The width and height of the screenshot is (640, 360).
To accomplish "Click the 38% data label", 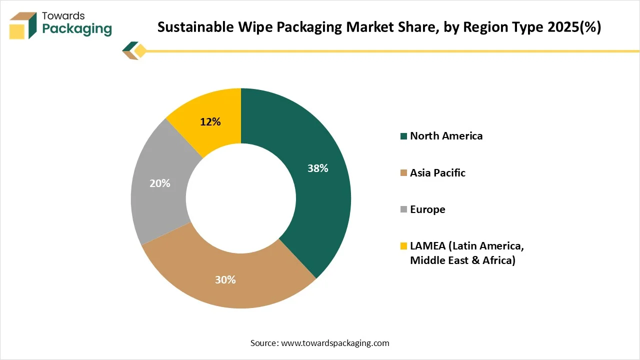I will tap(317, 168).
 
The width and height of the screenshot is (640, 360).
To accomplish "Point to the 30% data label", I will tap(225, 280).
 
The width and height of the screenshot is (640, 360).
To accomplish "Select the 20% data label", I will tap(160, 183).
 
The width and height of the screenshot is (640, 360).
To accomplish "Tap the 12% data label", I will tap(210, 121).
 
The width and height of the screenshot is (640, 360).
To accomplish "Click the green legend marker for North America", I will tap(403, 136).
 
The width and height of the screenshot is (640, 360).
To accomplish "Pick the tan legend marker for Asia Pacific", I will tap(403, 173).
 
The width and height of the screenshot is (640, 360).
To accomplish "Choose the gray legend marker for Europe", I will tap(403, 210).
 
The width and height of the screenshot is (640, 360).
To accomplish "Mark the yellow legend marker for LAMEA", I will tap(403, 246).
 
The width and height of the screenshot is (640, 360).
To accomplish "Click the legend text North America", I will tap(446, 136).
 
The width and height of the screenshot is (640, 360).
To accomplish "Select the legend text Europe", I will tap(427, 209).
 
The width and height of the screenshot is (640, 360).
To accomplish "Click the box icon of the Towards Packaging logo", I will tap(23, 25).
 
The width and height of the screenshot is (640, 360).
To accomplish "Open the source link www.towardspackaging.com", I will tap(335, 343).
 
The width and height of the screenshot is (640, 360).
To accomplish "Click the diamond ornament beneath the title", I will tap(140, 50).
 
